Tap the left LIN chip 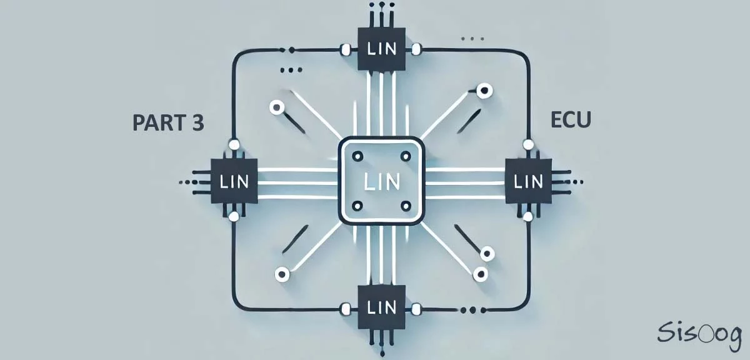[x=234, y=181]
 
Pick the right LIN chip [x=528, y=181]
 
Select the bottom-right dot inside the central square [x=405, y=206]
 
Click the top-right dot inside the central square [x=405, y=156]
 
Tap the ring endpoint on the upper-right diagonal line [x=483, y=91]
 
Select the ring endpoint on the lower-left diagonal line [x=282, y=273]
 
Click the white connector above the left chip [x=234, y=145]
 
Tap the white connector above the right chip [x=528, y=145]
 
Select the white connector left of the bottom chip [x=344, y=307]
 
